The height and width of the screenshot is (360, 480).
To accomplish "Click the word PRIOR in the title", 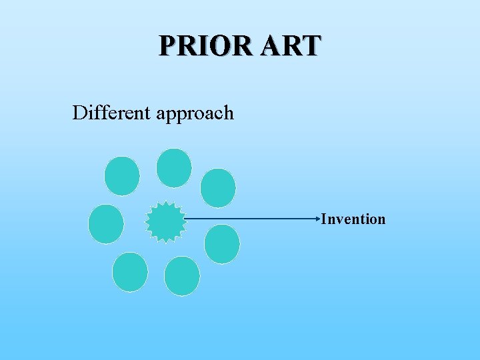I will (x=201, y=45).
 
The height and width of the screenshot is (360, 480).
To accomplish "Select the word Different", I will (x=111, y=113).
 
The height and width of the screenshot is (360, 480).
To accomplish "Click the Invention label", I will (x=353, y=219).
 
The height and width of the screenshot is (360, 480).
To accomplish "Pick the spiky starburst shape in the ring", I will (x=165, y=221).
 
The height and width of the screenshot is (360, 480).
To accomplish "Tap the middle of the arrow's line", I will (x=251, y=219).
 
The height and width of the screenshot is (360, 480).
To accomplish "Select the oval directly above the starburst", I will (x=174, y=167).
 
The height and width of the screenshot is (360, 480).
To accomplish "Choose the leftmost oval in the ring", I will (x=106, y=224).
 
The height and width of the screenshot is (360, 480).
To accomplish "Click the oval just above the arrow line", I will (x=218, y=188).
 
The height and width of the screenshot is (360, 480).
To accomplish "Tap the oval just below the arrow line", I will (x=222, y=244).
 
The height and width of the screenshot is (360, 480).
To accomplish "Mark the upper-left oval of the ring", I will (x=122, y=176).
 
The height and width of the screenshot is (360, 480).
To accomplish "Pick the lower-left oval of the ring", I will (x=130, y=272).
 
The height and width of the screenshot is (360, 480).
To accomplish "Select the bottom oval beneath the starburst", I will (x=181, y=276).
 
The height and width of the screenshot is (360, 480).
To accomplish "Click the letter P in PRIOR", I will (x=168, y=45).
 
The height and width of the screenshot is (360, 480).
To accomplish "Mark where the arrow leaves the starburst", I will (x=185, y=219).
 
